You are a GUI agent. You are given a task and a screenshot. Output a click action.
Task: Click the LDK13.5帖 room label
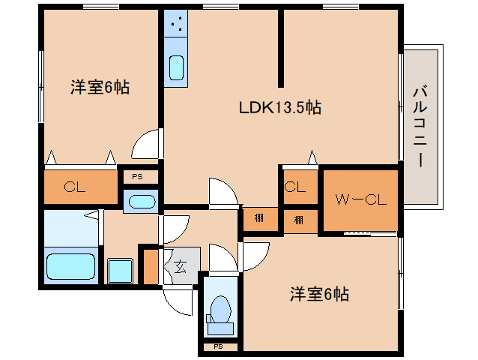tap(279, 108)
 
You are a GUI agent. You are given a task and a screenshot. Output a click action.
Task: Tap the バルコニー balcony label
tap(420, 128)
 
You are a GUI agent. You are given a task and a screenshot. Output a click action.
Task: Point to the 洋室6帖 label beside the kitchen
tap(100, 87)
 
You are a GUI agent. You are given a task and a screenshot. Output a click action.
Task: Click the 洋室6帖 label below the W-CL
tap(319, 294)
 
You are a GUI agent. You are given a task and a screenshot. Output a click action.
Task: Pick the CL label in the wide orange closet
tap(73, 187)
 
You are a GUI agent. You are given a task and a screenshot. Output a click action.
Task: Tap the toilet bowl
tap(221, 308)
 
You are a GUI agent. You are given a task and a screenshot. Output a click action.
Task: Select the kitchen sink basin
tap(177, 67)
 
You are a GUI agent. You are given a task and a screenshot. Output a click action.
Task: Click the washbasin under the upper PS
tap(140, 201)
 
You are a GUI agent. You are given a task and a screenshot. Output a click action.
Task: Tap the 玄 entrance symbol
tap(181, 264)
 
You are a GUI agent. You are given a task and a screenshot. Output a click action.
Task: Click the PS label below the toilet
tap(219, 346)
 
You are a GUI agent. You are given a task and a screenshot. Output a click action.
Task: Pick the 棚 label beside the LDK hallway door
tap(258, 219)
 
